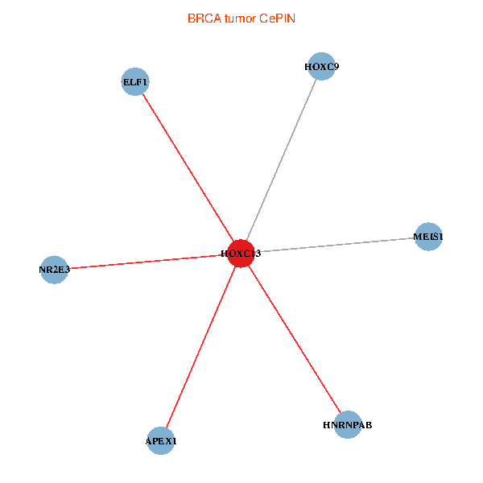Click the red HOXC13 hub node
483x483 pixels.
[x=242, y=254]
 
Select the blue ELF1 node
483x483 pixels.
[x=135, y=81]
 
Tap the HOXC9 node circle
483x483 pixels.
[x=321, y=67]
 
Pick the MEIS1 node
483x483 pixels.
[x=428, y=237]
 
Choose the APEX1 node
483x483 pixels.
[x=161, y=440]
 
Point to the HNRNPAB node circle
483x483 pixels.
[x=348, y=424]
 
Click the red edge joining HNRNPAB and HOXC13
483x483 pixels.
[x=295, y=339]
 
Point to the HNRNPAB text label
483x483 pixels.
[x=348, y=424]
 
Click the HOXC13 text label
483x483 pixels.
[x=241, y=254]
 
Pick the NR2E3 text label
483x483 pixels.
[x=54, y=270]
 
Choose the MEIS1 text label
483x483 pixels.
[x=428, y=237]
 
